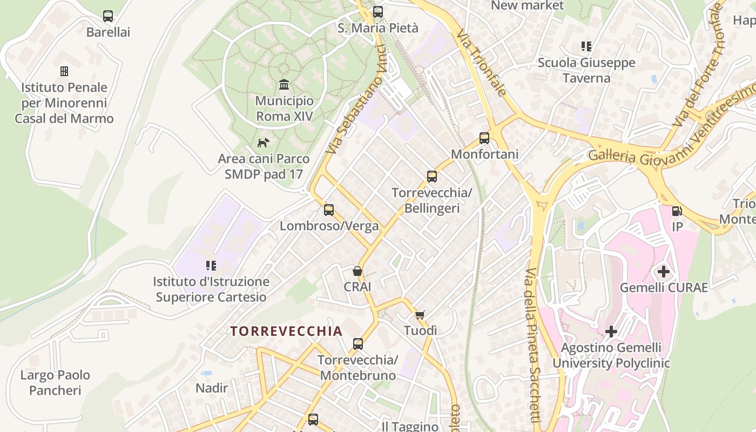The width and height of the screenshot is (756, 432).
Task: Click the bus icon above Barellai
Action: tap(108, 16)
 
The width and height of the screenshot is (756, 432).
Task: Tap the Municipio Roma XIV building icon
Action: tap(284, 84)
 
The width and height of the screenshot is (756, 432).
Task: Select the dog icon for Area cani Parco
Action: tap(263, 143)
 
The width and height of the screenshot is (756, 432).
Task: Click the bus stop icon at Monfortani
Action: tap(484, 138)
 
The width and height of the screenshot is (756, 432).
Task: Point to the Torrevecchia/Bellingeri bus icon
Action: tap(431, 176)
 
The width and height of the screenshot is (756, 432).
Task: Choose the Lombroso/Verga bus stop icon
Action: tap(329, 210)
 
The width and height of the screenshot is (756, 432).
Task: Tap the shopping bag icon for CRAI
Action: tap(357, 271)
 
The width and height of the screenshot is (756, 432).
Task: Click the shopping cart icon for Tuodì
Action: tap(420, 315)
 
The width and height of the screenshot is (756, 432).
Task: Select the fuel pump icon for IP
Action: tap(677, 211)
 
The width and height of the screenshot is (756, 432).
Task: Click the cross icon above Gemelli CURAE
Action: tap(664, 271)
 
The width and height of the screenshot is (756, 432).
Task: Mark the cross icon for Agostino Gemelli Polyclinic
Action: tap(611, 331)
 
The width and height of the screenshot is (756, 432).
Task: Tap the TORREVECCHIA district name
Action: tap(286, 331)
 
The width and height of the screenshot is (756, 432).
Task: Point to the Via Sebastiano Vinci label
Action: tap(357, 100)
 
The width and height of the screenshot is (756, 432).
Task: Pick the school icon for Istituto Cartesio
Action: tap(211, 265)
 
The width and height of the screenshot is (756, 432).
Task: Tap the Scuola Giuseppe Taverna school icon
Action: tap(586, 46)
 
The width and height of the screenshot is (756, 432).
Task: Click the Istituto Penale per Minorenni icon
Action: tap(64, 71)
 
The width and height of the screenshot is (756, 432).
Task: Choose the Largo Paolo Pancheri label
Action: tap(55, 382)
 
